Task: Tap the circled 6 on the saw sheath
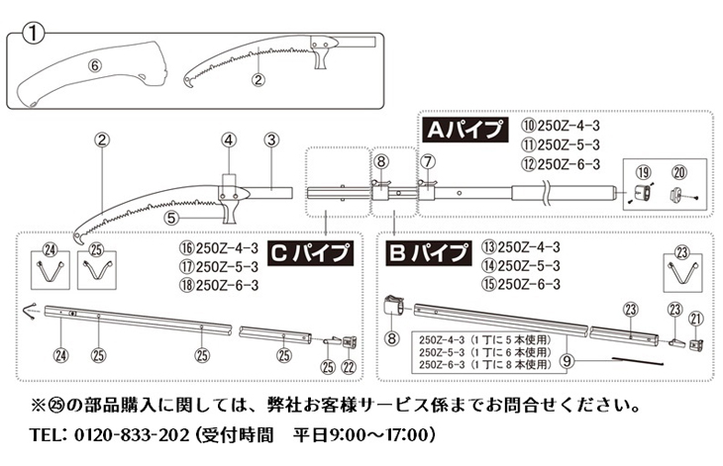(x=94, y=66)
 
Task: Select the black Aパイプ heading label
(x=465, y=130)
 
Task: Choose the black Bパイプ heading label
(x=429, y=253)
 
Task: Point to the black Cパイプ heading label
(x=310, y=253)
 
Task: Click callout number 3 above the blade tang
(x=271, y=140)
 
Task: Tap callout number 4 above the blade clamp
(x=228, y=140)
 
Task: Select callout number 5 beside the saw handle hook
(x=171, y=218)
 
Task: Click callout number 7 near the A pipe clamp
(x=428, y=161)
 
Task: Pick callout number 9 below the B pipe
(x=568, y=361)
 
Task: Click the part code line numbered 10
(x=561, y=126)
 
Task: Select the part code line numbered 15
(x=521, y=284)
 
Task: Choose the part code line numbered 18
(x=219, y=286)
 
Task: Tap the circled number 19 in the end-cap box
(x=643, y=173)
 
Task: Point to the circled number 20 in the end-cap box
(x=679, y=172)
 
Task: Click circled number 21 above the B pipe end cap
(x=696, y=319)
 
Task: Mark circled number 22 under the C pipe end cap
(x=349, y=366)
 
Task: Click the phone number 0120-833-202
(x=132, y=434)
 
